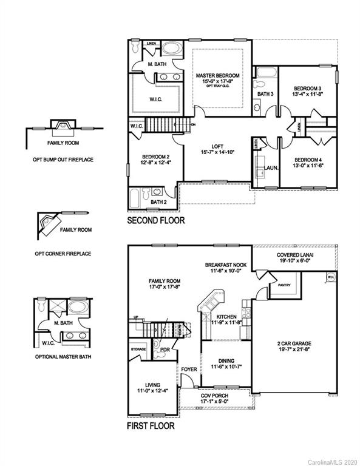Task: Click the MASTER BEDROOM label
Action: pos(217,76)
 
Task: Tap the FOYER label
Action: pos(189,368)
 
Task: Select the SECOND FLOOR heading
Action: pos(156,221)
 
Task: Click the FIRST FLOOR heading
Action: pos(151,427)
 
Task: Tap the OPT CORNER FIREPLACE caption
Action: pos(63,253)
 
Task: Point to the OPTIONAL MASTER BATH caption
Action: pos(63,357)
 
